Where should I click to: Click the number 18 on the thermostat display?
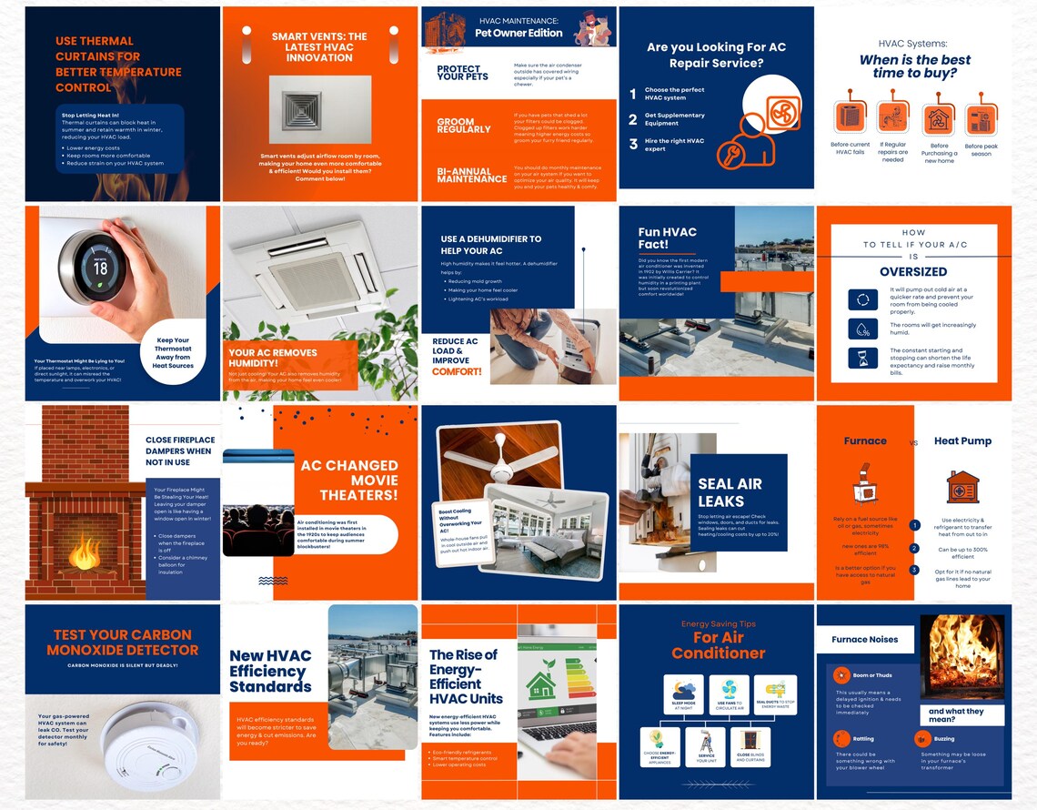pyautogui.click(x=101, y=268)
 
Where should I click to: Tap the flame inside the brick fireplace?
pyautogui.click(x=86, y=551)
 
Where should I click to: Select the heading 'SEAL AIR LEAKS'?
pyautogui.click(x=730, y=492)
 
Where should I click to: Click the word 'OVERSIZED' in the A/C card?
pyautogui.click(x=913, y=271)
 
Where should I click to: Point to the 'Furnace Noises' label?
pyautogui.click(x=864, y=640)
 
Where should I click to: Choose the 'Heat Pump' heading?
pyautogui.click(x=962, y=441)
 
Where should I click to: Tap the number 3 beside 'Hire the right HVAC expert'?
pyautogui.click(x=633, y=144)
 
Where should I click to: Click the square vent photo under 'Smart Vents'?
pyautogui.click(x=320, y=109)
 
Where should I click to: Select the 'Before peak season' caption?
pyautogui.click(x=981, y=150)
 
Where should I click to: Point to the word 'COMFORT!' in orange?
pyautogui.click(x=457, y=371)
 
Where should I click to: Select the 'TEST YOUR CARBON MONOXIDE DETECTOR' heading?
pyautogui.click(x=122, y=643)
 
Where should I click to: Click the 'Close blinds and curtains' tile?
pyautogui.click(x=750, y=746)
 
